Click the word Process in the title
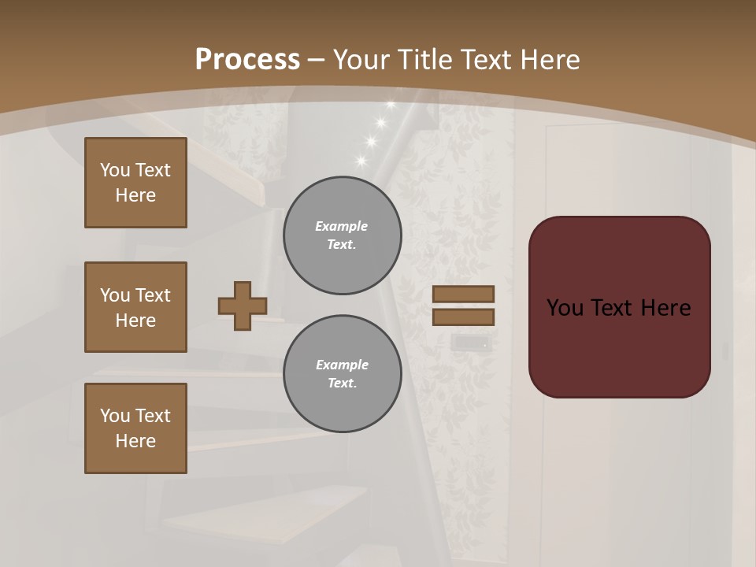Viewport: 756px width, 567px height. pos(247,60)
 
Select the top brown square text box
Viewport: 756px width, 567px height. pos(135,183)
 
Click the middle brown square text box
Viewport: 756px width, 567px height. pos(135,307)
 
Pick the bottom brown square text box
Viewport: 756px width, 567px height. pos(135,428)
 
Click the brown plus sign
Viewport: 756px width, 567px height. pos(243,306)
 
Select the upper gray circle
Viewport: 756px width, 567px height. pos(343,235)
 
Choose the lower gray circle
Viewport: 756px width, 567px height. pos(343,374)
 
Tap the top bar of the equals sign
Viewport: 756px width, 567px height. pos(463,294)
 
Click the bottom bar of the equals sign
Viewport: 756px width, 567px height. pos(463,317)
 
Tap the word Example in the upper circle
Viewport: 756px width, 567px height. pos(342,226)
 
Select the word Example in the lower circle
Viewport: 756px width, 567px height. pos(342,365)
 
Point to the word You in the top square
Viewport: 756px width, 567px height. pos(115,170)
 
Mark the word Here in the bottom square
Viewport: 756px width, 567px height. pos(135,441)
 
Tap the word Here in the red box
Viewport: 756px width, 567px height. pos(666,308)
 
